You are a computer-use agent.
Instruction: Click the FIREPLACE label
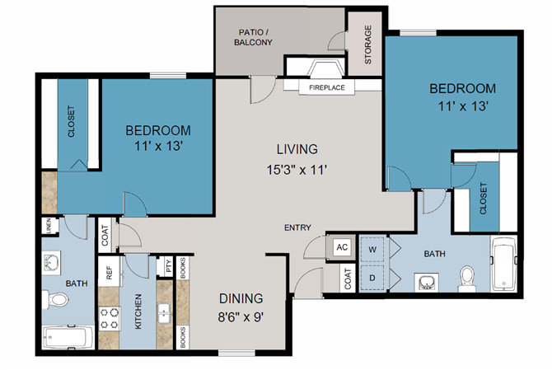327,87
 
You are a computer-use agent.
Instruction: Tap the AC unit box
341,247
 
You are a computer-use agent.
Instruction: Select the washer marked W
372,250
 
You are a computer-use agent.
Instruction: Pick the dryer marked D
372,278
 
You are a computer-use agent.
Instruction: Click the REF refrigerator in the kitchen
109,271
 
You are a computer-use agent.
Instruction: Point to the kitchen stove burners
110,319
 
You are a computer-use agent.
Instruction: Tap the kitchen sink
164,313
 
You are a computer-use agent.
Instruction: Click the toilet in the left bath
55,300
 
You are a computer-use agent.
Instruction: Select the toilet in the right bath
467,279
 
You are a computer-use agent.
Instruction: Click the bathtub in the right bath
503,264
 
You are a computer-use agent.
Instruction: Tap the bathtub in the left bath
68,337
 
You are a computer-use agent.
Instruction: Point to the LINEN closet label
49,225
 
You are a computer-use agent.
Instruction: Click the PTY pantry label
169,266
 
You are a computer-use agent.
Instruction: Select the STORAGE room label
368,44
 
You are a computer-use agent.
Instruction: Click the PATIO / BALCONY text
254,37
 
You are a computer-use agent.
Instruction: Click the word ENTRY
297,227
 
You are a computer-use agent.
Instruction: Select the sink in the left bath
51,263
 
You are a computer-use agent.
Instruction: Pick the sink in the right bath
426,282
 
